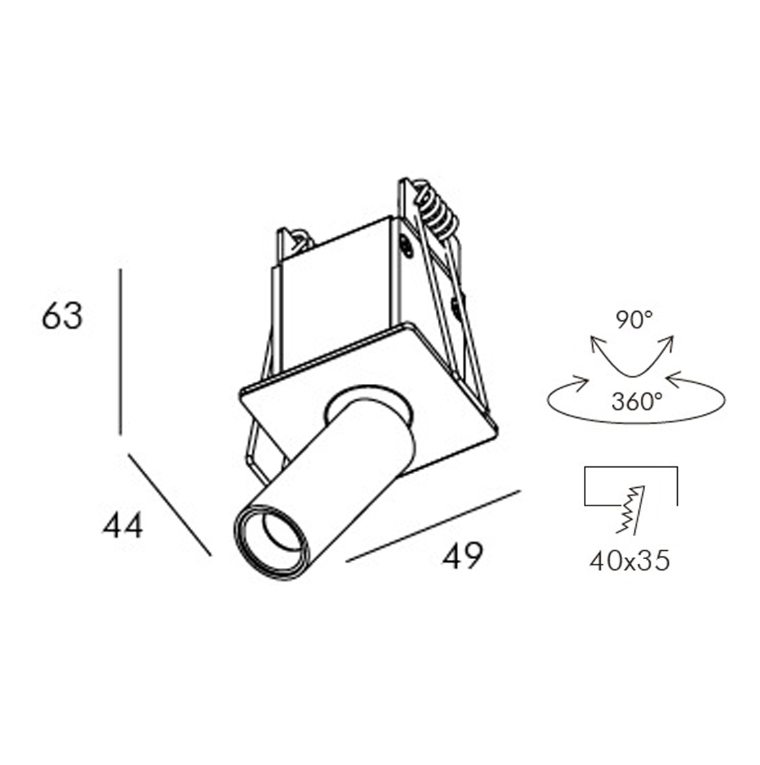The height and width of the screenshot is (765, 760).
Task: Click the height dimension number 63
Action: [x=62, y=316]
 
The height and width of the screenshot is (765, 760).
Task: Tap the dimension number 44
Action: [x=123, y=525]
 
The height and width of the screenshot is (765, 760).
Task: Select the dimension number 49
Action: [x=462, y=555]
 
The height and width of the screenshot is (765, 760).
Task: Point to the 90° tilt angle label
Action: [x=633, y=319]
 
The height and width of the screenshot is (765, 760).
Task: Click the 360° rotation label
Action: [x=637, y=402]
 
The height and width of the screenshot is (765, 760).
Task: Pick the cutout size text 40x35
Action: [x=629, y=561]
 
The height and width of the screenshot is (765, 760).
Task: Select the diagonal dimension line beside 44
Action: [x=169, y=505]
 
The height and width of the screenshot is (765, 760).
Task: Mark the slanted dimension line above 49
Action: [x=433, y=526]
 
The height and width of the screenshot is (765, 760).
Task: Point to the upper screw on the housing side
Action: [x=406, y=246]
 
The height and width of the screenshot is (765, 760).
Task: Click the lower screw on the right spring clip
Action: [x=456, y=304]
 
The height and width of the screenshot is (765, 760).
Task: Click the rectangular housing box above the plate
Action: [x=340, y=299]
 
